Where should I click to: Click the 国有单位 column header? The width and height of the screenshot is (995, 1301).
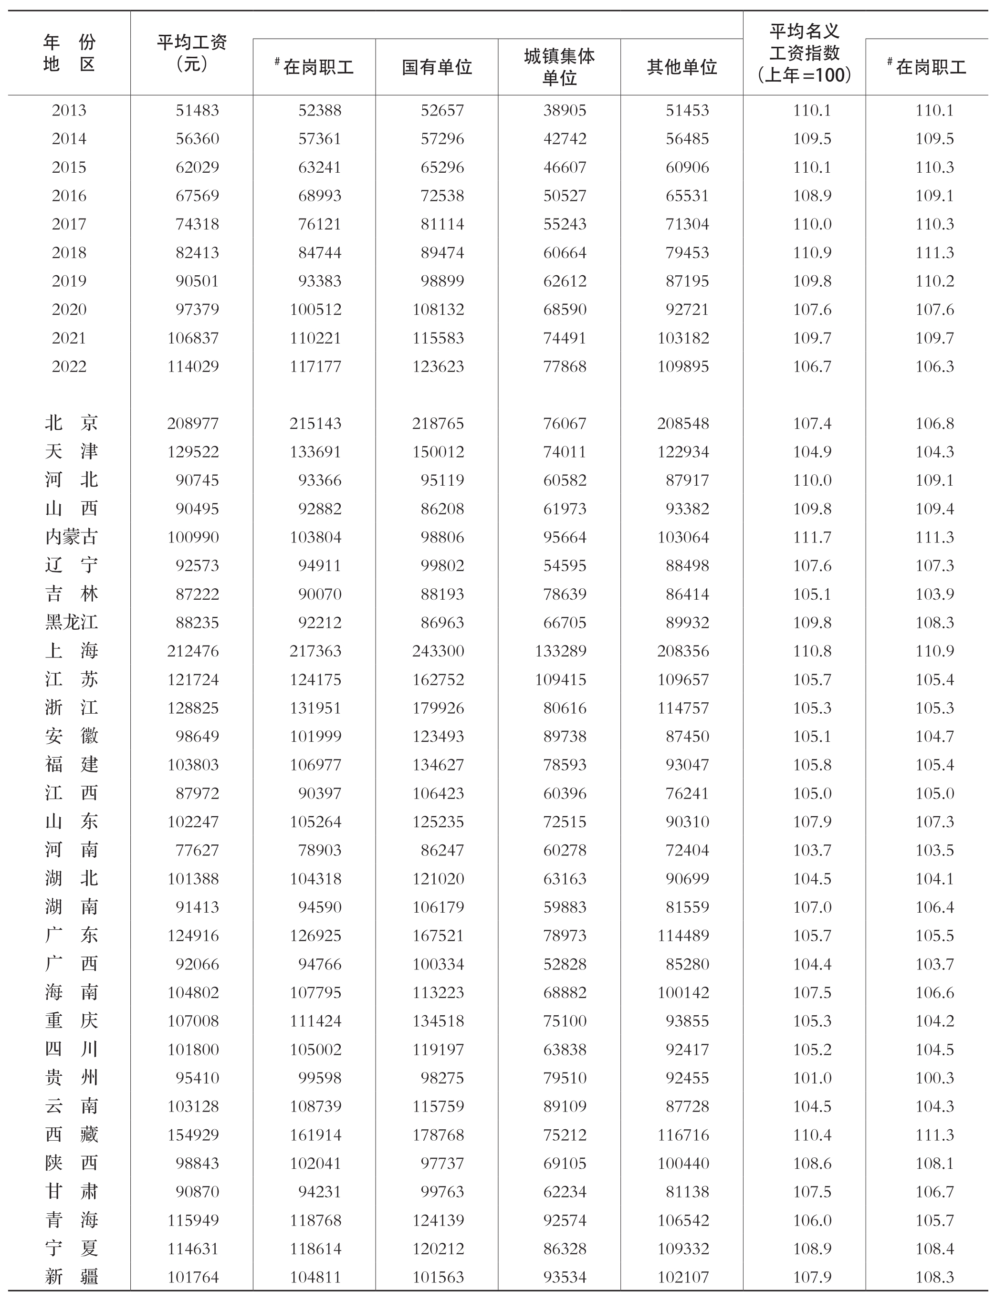437,67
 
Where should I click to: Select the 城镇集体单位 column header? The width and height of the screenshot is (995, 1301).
559,67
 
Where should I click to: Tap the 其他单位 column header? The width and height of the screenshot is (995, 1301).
681,67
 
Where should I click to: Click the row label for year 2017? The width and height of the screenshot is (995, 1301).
69,224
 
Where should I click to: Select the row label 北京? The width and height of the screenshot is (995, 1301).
71,423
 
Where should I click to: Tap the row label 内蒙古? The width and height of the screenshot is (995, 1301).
71,537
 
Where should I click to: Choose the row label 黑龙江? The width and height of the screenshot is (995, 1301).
71,623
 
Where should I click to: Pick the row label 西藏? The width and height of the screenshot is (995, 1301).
71,1134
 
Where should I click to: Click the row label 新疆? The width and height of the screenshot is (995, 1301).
71,1277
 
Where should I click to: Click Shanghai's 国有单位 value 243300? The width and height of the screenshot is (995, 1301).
438,651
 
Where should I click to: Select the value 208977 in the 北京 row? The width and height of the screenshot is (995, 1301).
193,423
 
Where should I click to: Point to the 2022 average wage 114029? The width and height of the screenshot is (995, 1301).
193,366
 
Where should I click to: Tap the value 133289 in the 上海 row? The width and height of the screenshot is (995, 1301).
560,651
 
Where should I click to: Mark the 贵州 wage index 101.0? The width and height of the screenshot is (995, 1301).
812,1078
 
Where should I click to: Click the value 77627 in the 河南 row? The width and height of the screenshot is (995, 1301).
197,850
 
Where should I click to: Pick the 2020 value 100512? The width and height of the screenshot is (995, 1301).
315,309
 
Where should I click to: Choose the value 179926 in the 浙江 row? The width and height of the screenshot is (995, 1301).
438,708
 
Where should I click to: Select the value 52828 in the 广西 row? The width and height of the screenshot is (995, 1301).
565,964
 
